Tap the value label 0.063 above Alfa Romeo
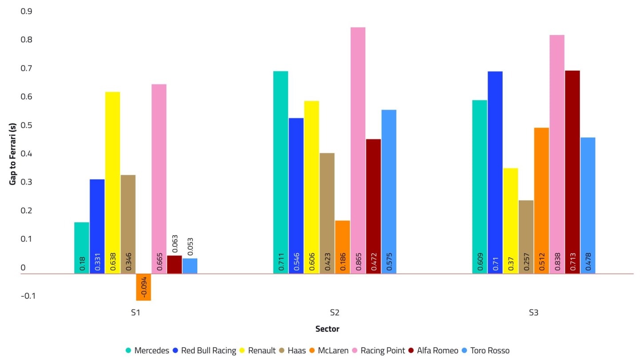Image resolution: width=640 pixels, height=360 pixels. (x=175, y=244)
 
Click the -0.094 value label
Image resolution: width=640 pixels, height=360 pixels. (x=144, y=287)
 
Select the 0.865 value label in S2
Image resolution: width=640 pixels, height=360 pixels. (x=358, y=262)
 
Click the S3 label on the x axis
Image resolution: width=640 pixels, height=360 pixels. (x=533, y=312)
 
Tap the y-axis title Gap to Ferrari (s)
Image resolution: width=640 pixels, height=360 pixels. (x=13, y=153)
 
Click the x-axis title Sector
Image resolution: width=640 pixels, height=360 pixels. (x=327, y=329)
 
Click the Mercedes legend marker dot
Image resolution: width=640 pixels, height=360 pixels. (x=128, y=351)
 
